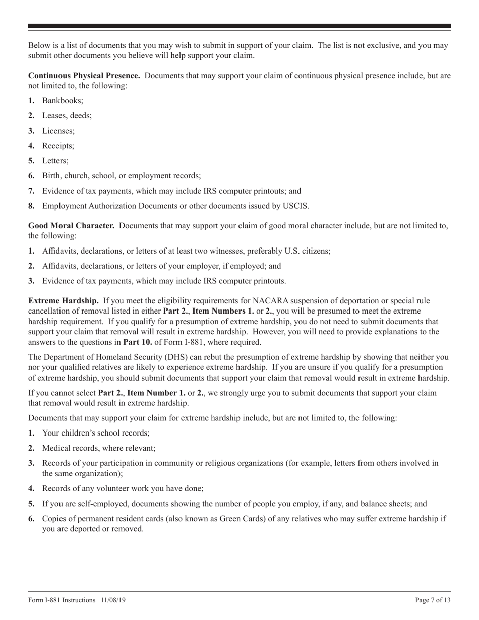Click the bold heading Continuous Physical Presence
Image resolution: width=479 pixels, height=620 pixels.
pos(84,76)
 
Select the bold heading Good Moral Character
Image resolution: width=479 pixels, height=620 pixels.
pos(71,226)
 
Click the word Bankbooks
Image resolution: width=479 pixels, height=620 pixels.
pos(63,101)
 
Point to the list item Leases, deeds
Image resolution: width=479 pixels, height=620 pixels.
pos(67,116)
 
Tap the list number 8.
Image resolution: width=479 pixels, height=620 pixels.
pos(31,206)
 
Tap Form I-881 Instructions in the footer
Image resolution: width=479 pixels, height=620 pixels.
pos(62,600)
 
